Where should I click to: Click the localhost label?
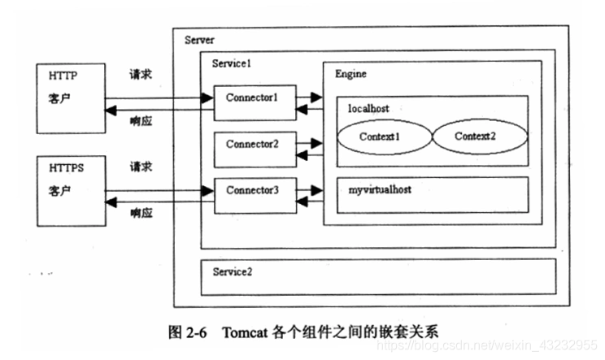pos(368,107)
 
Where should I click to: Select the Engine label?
pos(350,74)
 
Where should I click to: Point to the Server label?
pos(199,41)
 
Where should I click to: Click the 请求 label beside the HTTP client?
pos(140,75)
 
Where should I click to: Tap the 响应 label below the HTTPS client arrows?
pos(140,214)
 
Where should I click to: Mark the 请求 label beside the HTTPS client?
pos(140,167)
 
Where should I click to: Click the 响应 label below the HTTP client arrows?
pos(140,121)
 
